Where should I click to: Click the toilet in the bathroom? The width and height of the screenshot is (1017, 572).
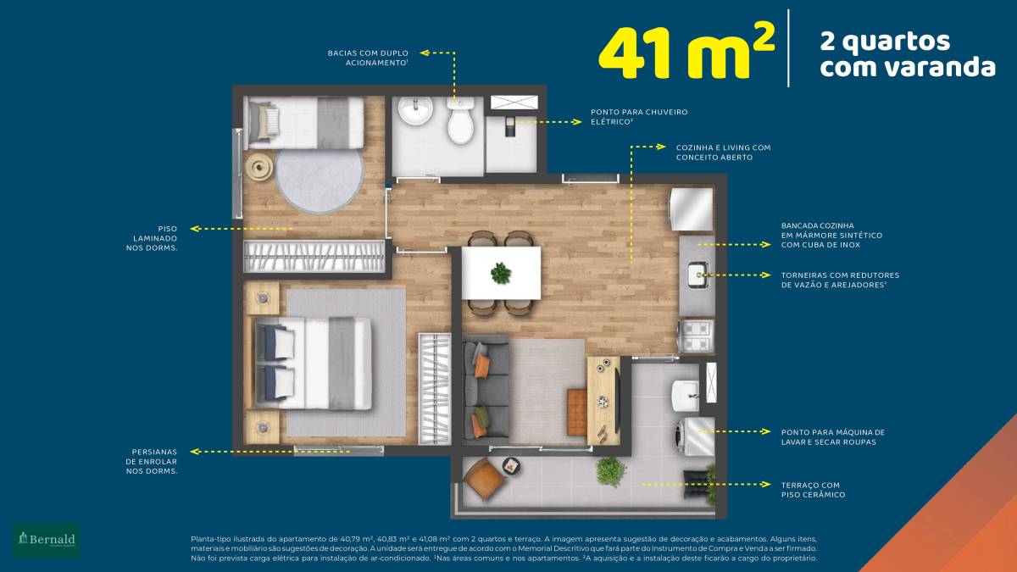pyautogui.click(x=461, y=119)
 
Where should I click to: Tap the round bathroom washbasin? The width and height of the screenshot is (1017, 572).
pyautogui.click(x=415, y=110)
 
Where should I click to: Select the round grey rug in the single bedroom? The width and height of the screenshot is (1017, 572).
pyautogui.click(x=320, y=180)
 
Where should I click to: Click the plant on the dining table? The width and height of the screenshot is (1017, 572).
pyautogui.click(x=501, y=273)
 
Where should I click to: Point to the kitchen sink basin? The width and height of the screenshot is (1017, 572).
pyautogui.click(x=698, y=275)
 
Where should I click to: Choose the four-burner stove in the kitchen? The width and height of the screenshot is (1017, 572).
pyautogui.click(x=696, y=336)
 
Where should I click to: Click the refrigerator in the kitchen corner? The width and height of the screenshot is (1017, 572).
pyautogui.click(x=691, y=210)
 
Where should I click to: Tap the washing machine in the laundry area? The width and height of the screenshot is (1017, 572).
pyautogui.click(x=694, y=436)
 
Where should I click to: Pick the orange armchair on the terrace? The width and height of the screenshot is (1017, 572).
pyautogui.click(x=484, y=479)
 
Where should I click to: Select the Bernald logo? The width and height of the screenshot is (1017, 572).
pyautogui.click(x=47, y=541)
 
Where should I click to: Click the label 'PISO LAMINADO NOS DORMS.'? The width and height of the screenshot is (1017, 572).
pyautogui.click(x=152, y=238)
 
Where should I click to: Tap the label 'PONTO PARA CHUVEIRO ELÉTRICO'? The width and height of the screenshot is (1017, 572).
pyautogui.click(x=639, y=117)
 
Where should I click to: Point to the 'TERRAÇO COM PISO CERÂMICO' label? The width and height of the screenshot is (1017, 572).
pyautogui.click(x=813, y=490)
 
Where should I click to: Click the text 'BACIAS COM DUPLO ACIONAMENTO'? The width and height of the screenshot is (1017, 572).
pyautogui.click(x=368, y=58)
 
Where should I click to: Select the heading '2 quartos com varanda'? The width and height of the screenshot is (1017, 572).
pyautogui.click(x=908, y=54)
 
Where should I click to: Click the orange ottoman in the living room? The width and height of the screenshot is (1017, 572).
pyautogui.click(x=576, y=412)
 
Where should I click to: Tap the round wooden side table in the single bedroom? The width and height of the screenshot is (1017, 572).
pyautogui.click(x=258, y=167)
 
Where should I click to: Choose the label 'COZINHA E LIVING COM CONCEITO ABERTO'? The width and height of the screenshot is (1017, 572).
pyautogui.click(x=723, y=153)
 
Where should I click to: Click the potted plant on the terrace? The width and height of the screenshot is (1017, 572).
pyautogui.click(x=611, y=471)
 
